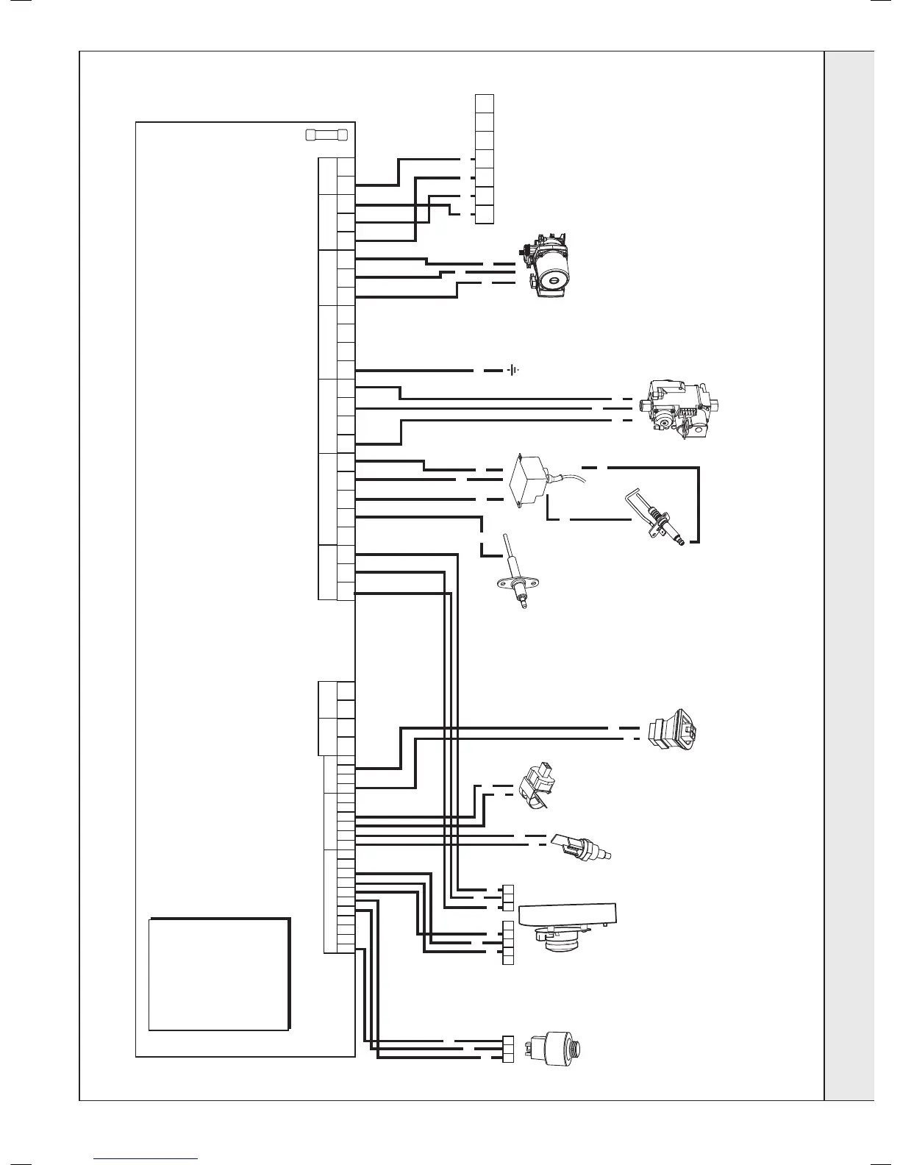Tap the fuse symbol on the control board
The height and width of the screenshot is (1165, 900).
[326, 135]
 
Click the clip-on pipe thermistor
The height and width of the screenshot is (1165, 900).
[536, 791]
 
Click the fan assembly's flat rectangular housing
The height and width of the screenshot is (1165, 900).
[568, 914]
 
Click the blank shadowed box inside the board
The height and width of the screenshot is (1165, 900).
[218, 973]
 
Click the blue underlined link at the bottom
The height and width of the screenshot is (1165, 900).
[146, 1158]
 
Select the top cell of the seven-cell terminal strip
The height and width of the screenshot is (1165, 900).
[485, 103]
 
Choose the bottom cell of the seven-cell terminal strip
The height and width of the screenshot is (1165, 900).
[485, 215]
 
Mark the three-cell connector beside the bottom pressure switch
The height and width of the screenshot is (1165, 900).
[507, 1050]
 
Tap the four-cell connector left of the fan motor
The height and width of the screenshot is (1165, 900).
[507, 942]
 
